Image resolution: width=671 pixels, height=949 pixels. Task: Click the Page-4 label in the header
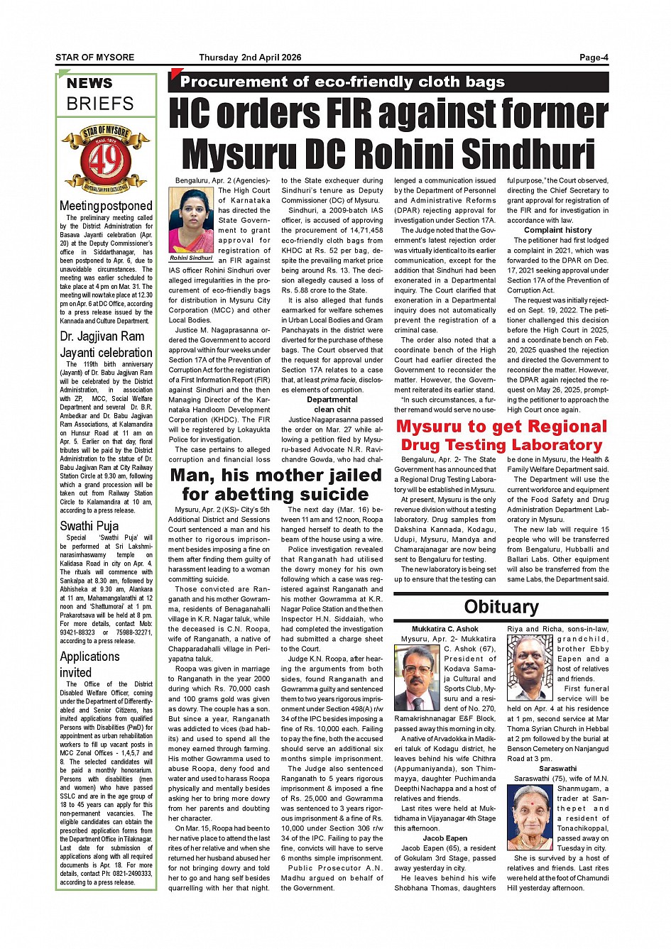tap(594, 57)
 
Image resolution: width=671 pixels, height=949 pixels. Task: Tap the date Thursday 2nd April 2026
tap(250, 57)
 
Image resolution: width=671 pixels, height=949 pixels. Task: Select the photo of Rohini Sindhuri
tap(192, 220)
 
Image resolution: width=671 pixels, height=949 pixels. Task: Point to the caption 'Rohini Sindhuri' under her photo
tap(192, 258)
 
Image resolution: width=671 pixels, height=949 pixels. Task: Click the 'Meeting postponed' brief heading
tap(106, 206)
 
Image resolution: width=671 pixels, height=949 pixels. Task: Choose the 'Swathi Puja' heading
tap(89, 526)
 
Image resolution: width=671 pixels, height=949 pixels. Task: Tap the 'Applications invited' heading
tap(89, 664)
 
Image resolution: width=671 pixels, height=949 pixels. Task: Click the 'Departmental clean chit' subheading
tap(332, 405)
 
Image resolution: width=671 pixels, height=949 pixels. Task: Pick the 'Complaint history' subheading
tap(557, 230)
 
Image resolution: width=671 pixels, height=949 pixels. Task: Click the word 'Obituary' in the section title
tap(501, 607)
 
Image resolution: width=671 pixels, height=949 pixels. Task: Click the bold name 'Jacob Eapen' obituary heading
tap(445, 838)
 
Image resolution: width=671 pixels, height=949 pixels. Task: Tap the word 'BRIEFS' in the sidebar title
tap(100, 104)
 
